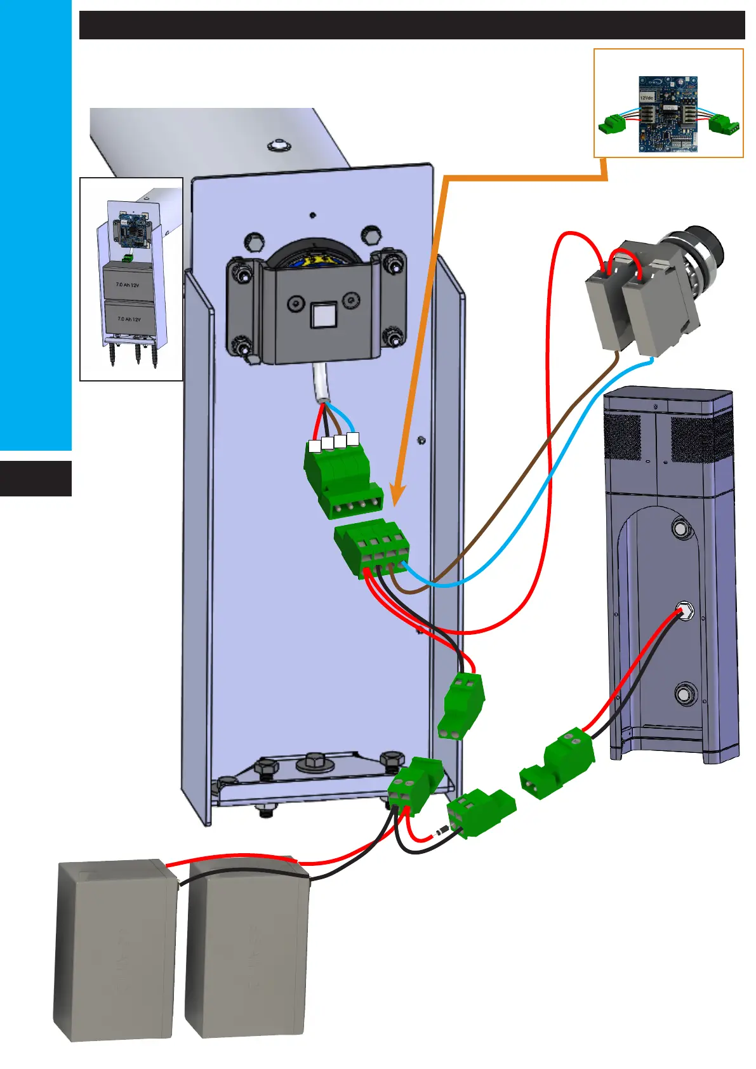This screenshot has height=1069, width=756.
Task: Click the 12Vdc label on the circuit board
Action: coord(647,98)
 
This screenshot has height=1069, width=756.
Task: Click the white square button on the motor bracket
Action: coord(322,314)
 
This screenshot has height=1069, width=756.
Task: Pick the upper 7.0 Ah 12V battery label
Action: coord(128,285)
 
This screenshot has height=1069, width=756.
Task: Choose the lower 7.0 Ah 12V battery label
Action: coord(129,319)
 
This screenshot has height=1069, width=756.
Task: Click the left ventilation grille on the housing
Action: coord(623,437)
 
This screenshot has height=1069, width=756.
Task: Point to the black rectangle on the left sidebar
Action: coord(36,479)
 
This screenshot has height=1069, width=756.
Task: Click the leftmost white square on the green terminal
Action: coord(314,446)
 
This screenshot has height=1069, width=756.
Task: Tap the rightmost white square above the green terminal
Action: coord(354,438)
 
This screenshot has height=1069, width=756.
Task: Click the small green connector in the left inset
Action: coord(128,258)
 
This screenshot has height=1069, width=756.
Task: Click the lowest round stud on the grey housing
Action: coord(684,694)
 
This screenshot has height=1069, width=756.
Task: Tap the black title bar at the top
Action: coord(411,25)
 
